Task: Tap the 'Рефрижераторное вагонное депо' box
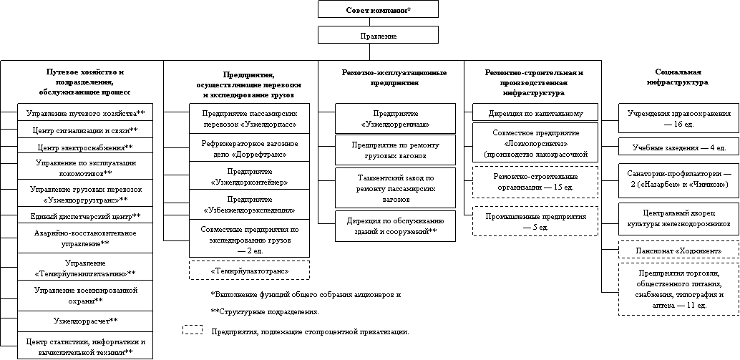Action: point(250,148)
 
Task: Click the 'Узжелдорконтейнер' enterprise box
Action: point(250,177)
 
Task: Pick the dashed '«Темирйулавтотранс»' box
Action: point(250,271)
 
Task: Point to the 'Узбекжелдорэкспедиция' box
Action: point(250,205)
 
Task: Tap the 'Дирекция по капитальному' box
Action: point(536,113)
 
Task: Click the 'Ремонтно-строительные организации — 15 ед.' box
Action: point(536,181)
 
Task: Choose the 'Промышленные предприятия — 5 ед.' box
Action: point(536,221)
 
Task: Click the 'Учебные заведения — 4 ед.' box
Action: point(679,147)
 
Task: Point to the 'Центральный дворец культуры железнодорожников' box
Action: point(679,218)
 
